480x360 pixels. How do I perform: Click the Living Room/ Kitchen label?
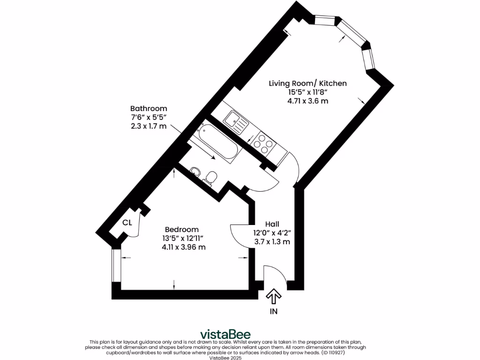(307, 83)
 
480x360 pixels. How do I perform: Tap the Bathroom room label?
(149, 108)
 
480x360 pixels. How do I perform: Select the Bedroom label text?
(181, 230)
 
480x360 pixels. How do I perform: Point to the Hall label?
(272, 224)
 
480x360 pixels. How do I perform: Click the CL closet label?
(127, 223)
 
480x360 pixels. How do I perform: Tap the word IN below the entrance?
(273, 311)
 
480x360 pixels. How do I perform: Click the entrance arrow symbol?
(273, 296)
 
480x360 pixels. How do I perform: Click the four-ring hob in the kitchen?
(263, 143)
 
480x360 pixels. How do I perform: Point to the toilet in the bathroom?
(211, 176)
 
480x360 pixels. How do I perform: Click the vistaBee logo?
(225, 334)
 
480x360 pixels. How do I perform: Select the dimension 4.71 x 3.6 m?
(307, 101)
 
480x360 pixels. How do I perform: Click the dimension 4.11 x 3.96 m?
(181, 247)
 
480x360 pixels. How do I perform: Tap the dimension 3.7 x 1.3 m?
(272, 242)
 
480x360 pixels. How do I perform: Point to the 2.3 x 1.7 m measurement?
(149, 126)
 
